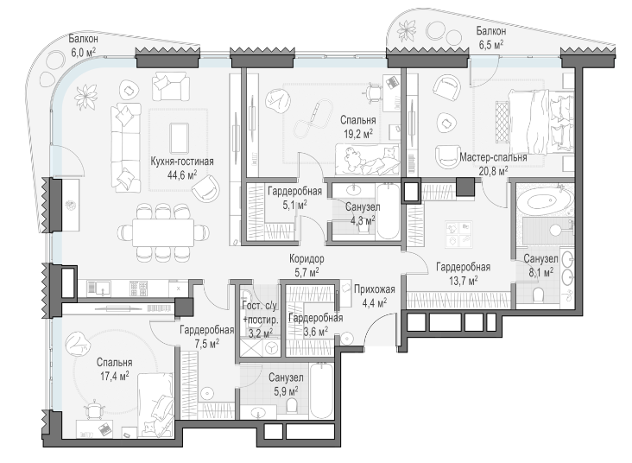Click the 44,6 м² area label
[x=182, y=175]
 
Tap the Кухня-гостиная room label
[x=182, y=162]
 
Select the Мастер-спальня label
[x=493, y=157]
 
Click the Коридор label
[x=307, y=258]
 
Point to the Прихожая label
[x=375, y=289]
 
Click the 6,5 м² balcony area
[x=491, y=44]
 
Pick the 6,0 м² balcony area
[x=83, y=52]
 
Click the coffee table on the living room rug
[x=179, y=137]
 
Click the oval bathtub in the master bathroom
[x=544, y=202]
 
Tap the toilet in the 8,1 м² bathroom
[x=539, y=295]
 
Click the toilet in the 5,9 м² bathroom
[x=292, y=406]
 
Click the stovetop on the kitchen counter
[x=139, y=289]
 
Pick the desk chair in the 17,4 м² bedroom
[x=94, y=409]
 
